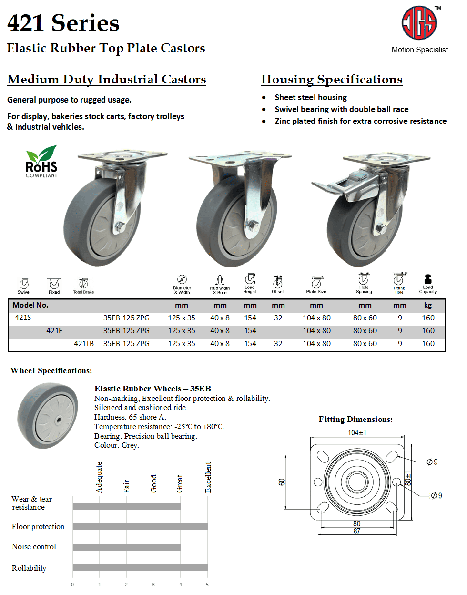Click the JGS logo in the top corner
pyautogui.click(x=419, y=23)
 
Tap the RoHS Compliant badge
pyautogui.click(x=41, y=162)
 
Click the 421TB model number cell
pyautogui.click(x=84, y=344)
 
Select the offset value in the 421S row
pyautogui.click(x=278, y=318)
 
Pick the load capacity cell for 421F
pyautogui.click(x=428, y=331)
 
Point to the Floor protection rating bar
pyautogui.click(x=140, y=526)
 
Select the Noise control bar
pyautogui.click(x=127, y=547)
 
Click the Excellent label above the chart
pyautogui.click(x=208, y=477)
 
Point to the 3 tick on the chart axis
pyautogui.click(x=153, y=585)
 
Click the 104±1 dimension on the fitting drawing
pyautogui.click(x=357, y=432)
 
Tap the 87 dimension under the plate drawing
pyautogui.click(x=357, y=531)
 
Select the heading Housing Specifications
pyautogui.click(x=332, y=80)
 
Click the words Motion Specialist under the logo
pyautogui.click(x=419, y=50)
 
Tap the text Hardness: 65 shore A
pyautogui.click(x=130, y=417)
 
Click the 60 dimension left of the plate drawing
pyautogui.click(x=282, y=482)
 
